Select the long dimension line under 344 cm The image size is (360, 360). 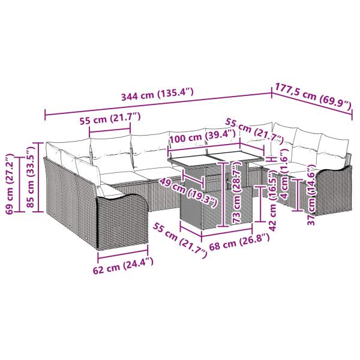(x=157, y=103)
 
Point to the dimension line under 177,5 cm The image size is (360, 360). (x=313, y=105)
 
